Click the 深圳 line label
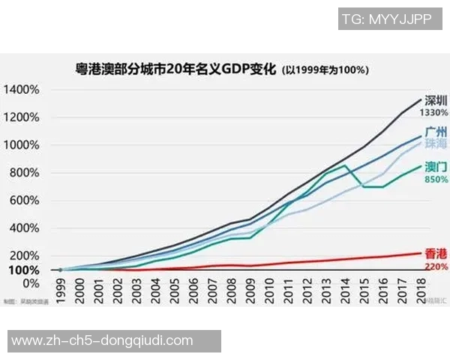coord(436,100)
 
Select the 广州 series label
coord(436,131)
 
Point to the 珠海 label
coord(436,142)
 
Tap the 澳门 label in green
coord(436,167)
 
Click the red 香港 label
coord(436,253)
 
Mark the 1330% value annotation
coord(434,112)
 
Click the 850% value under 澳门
coord(436,180)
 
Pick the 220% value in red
coord(436,265)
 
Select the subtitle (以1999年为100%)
coord(324,71)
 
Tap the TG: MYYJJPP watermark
coord(385,20)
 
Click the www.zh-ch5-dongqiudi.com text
coord(103,340)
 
